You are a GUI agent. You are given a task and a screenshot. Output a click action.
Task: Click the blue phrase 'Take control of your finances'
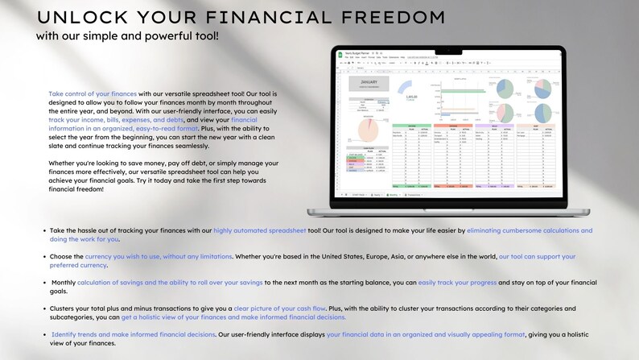point(92,93)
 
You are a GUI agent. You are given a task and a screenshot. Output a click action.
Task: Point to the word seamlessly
point(186,146)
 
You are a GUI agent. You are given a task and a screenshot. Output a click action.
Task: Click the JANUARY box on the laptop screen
point(369,81)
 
